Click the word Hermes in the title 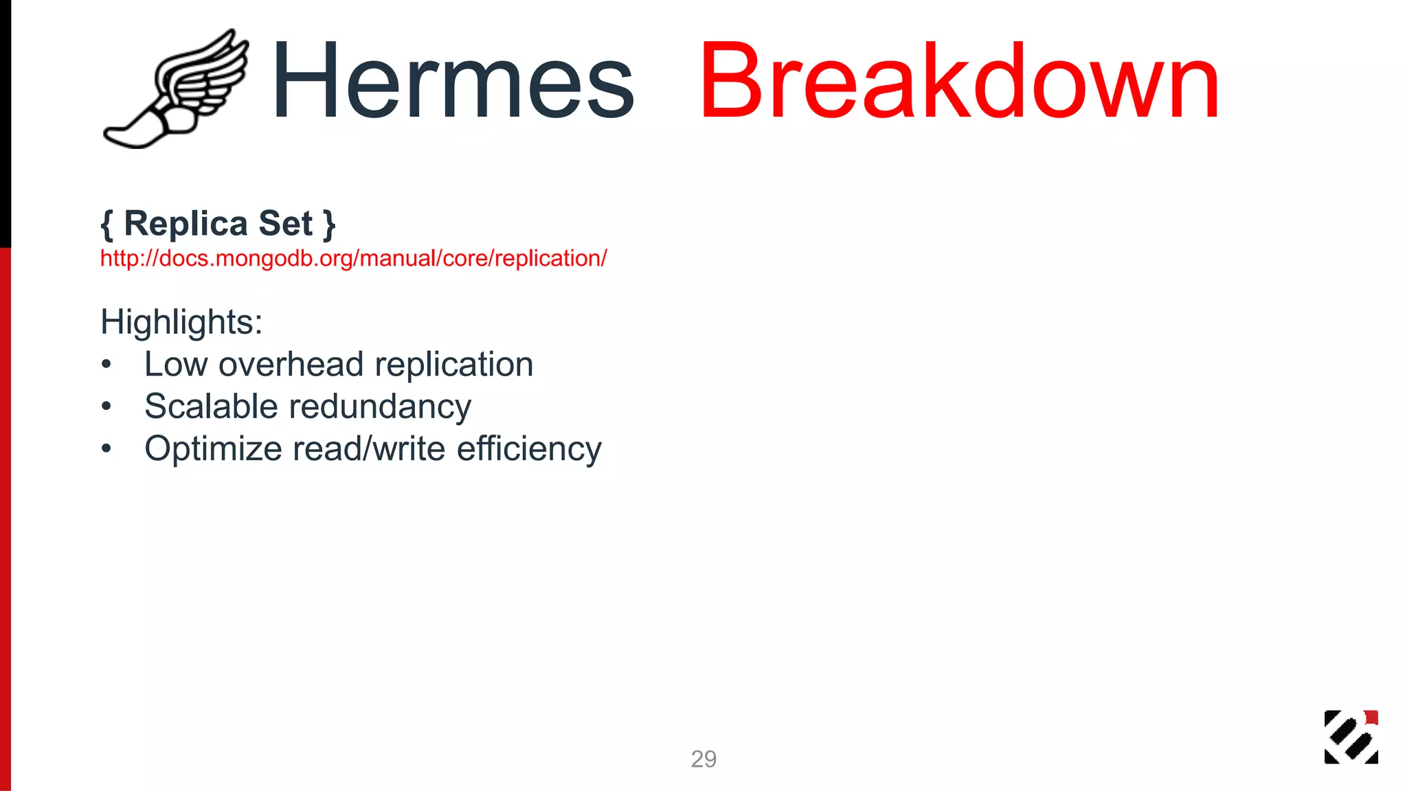click(453, 81)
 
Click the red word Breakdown click(959, 81)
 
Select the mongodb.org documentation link click(353, 258)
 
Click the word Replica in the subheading click(185, 224)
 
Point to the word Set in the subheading click(285, 224)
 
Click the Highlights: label click(181, 322)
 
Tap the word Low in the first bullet click(176, 364)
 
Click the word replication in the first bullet click(453, 364)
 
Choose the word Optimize click(213, 449)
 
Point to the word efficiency click(529, 449)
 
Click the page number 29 click(703, 759)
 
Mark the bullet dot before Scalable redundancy click(106, 407)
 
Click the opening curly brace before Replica click(106, 225)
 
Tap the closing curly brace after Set click(329, 225)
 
